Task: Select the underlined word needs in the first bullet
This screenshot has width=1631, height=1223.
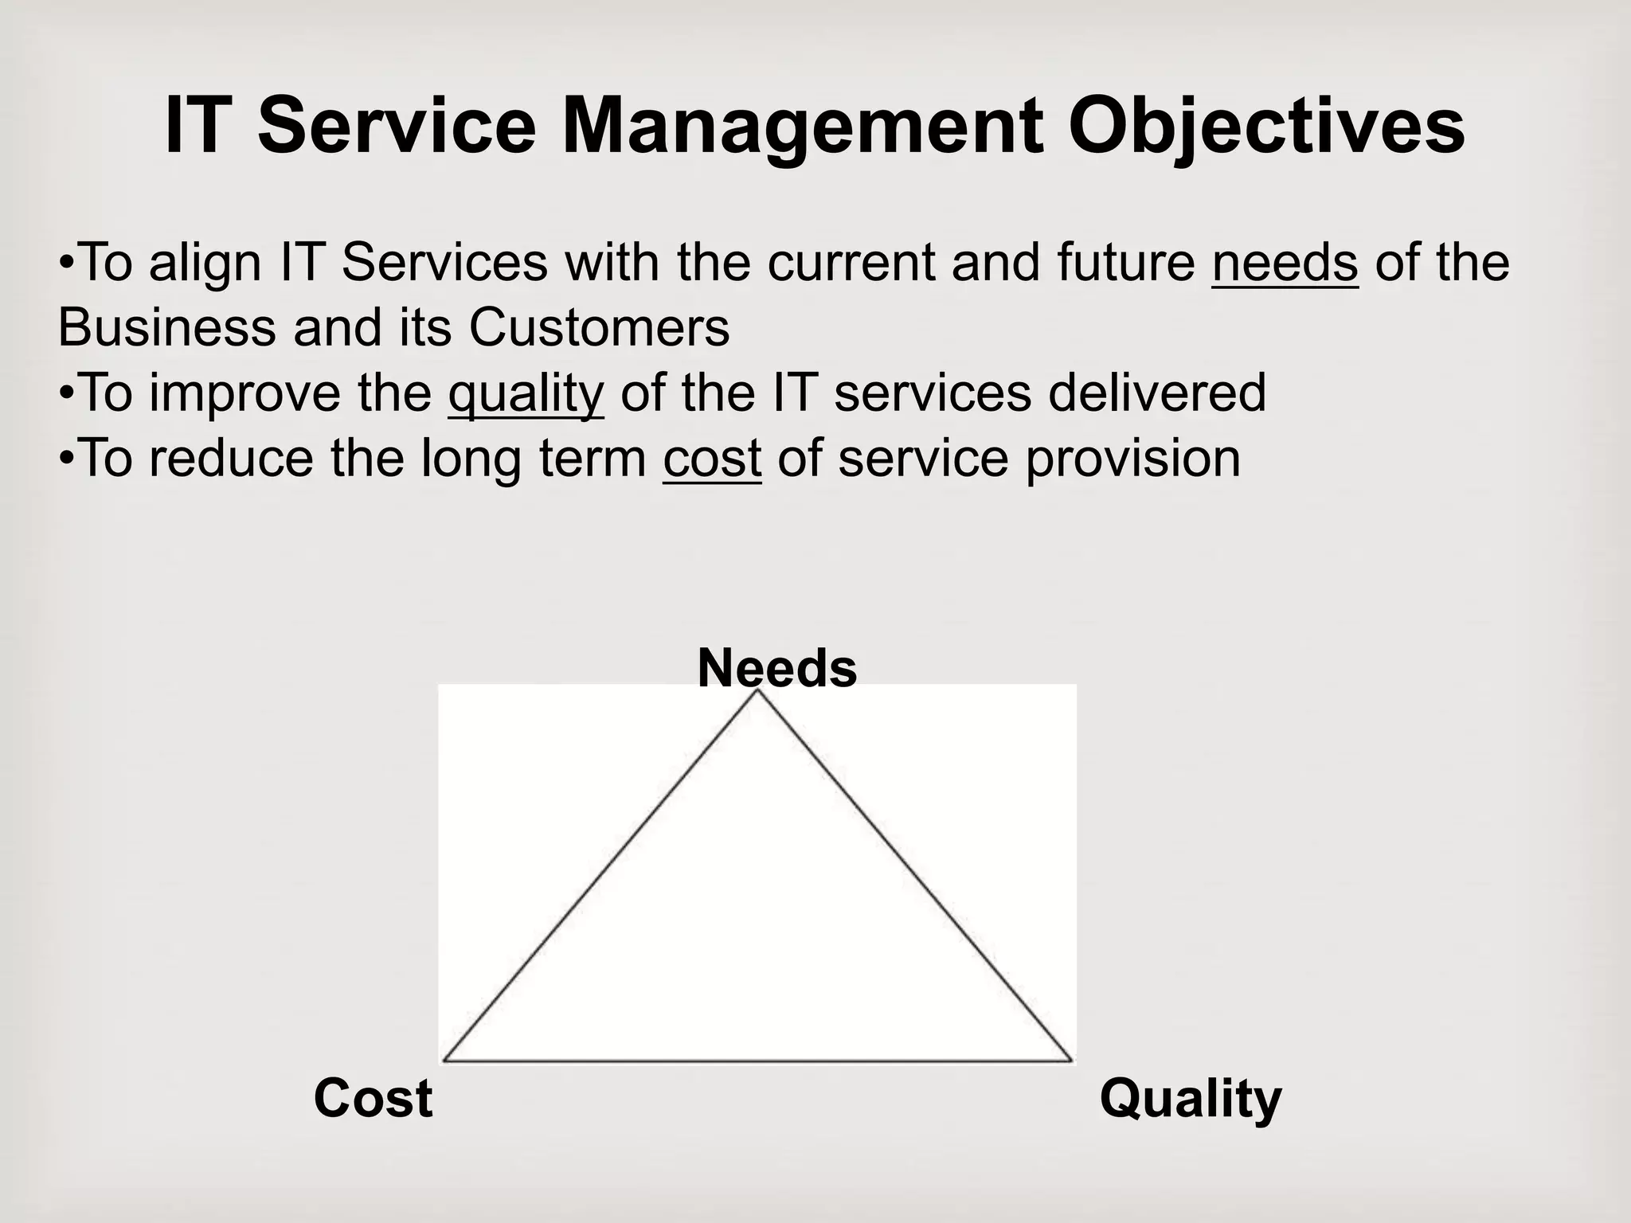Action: pyautogui.click(x=1285, y=263)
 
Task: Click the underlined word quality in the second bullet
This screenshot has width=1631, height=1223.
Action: pyautogui.click(x=526, y=394)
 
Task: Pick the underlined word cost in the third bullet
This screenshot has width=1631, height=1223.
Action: pyautogui.click(x=712, y=459)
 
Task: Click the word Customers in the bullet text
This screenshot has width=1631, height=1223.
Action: pyautogui.click(x=599, y=327)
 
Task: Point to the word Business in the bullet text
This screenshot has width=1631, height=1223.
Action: pyautogui.click(x=166, y=327)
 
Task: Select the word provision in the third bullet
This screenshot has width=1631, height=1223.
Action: pyautogui.click(x=1132, y=459)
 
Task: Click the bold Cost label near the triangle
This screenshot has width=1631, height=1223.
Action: pyautogui.click(x=373, y=1098)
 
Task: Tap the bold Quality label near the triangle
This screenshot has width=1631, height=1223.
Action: pyautogui.click(x=1190, y=1100)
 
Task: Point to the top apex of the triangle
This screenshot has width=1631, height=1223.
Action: pyautogui.click(x=757, y=691)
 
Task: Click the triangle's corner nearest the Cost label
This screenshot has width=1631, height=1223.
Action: pyautogui.click(x=444, y=1061)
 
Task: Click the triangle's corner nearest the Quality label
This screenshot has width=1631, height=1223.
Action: pyautogui.click(x=1071, y=1061)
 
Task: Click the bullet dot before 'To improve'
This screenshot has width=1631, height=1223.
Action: pyautogui.click(x=67, y=394)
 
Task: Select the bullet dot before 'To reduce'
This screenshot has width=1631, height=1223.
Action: pyautogui.click(x=67, y=459)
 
